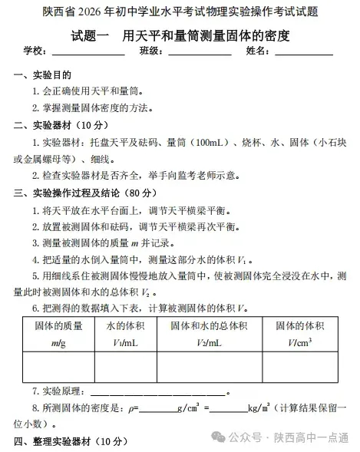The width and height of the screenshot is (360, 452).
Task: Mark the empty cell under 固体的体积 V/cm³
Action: click(301, 367)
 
